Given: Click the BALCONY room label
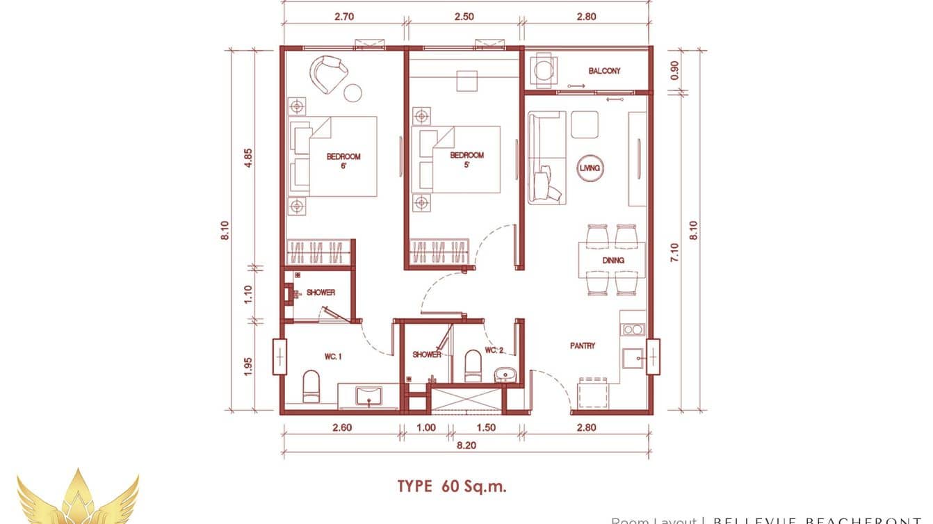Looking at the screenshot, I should [x=604, y=71].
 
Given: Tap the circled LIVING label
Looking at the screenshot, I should [x=590, y=167].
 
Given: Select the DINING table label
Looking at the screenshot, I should [x=612, y=261].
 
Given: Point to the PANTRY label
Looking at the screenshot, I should [x=582, y=345].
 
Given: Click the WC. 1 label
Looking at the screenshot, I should [x=333, y=357].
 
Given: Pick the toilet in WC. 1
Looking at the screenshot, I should [x=311, y=386].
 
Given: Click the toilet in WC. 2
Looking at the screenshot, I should [x=473, y=366].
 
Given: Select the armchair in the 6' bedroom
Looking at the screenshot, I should [x=329, y=74].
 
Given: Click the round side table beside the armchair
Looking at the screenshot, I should [x=353, y=92].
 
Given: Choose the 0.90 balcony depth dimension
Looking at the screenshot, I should [x=674, y=71].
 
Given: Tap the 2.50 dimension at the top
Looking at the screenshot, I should [x=465, y=16].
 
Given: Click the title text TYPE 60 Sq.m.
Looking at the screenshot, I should [x=452, y=486].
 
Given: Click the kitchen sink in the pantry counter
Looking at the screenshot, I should [x=633, y=359].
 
